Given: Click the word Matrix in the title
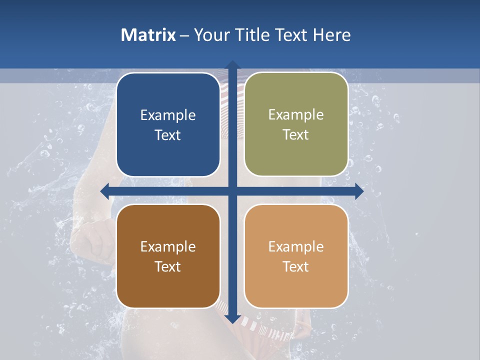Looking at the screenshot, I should pyautogui.click(x=148, y=35).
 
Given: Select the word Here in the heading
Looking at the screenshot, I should pyautogui.click(x=331, y=35).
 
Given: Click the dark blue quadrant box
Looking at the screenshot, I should pyautogui.click(x=168, y=125).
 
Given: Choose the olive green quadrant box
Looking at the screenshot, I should pyautogui.click(x=296, y=124).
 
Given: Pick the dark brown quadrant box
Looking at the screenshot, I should pyautogui.click(x=168, y=256).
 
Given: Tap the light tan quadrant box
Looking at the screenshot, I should pyautogui.click(x=296, y=256).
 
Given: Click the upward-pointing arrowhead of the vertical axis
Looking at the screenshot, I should pyautogui.click(x=232, y=64).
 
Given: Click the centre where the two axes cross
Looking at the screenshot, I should pyautogui.click(x=232, y=191).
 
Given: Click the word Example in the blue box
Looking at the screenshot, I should pyautogui.click(x=168, y=115).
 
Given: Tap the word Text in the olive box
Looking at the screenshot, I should pyautogui.click(x=296, y=135).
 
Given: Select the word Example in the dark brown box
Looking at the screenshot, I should pyautogui.click(x=168, y=247).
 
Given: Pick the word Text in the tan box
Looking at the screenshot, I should pyautogui.click(x=296, y=266).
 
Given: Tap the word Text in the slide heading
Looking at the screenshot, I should pyautogui.click(x=291, y=35).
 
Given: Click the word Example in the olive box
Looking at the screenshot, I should pyautogui.click(x=296, y=115).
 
